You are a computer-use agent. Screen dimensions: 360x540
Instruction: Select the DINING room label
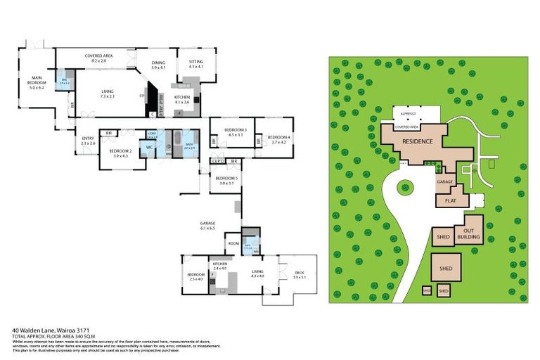click(158, 65)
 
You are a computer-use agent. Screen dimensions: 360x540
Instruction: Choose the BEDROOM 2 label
click(120, 153)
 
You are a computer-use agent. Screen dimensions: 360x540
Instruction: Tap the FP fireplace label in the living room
click(142, 96)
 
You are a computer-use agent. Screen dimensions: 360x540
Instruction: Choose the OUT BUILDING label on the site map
click(469, 234)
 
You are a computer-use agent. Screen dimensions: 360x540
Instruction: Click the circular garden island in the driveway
click(405, 187)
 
